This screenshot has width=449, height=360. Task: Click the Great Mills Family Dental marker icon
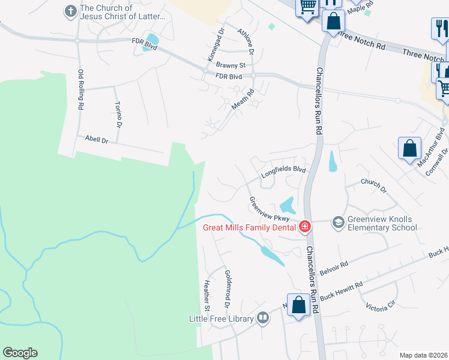click(305, 227)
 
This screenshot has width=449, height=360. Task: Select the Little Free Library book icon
click(262, 318)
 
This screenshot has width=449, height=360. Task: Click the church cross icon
click(70, 11)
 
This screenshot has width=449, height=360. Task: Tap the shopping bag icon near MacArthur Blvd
click(409, 150)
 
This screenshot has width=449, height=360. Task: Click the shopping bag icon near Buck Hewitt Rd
click(298, 305)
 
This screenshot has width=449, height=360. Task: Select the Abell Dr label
click(96, 140)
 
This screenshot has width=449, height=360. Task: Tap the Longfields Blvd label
click(283, 172)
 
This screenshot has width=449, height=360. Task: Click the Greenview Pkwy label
click(269, 209)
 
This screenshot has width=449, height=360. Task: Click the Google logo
click(20, 353)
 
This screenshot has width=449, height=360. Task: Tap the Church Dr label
click(373, 185)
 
